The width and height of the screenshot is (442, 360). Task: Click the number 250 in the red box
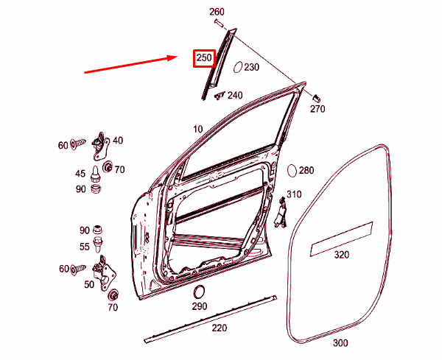(x=203, y=59)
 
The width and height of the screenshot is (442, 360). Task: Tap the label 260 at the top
(x=217, y=12)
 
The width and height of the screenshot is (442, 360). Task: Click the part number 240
(x=235, y=95)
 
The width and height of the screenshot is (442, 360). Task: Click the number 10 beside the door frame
(x=197, y=129)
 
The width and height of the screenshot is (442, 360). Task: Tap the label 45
(x=80, y=174)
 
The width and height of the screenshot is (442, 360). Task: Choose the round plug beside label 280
(x=292, y=170)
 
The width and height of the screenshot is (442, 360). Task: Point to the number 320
(x=341, y=255)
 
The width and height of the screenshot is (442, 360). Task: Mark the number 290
(x=200, y=306)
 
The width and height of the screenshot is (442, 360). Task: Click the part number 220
(x=219, y=328)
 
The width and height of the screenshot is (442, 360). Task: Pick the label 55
(x=85, y=246)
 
